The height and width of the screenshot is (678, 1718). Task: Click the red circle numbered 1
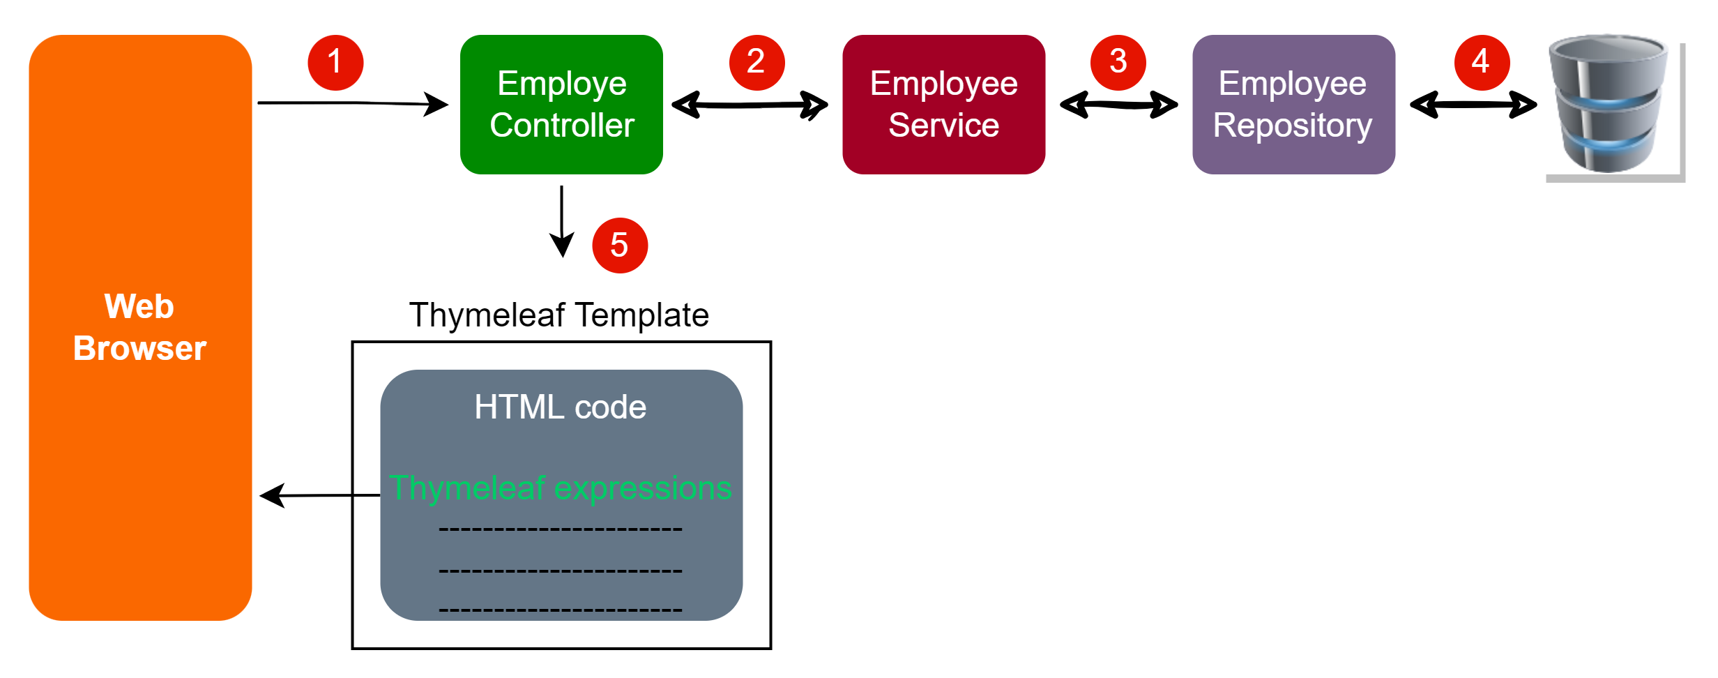[x=335, y=63]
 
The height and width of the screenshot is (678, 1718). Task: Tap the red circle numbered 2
[x=757, y=63]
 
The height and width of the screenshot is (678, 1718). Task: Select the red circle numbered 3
[x=1118, y=63]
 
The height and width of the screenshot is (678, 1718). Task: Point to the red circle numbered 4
[x=1482, y=63]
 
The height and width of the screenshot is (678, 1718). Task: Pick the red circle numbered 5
[x=620, y=246]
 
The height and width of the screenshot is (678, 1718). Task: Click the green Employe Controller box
[x=562, y=105]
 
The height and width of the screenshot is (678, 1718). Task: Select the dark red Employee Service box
[x=943, y=105]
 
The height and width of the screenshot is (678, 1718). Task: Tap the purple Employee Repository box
[x=1293, y=105]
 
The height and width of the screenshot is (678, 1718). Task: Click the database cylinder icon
[x=1609, y=105]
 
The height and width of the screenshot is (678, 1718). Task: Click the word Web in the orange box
[x=139, y=306]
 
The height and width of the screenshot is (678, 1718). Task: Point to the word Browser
[x=139, y=348]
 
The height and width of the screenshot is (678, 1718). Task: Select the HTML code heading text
[x=560, y=407]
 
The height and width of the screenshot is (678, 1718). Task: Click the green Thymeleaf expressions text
[x=560, y=488]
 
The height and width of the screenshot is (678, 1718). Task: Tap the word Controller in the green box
[x=562, y=126]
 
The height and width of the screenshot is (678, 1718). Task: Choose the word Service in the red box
[x=943, y=126]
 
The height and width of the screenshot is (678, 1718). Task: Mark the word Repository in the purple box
[x=1292, y=126]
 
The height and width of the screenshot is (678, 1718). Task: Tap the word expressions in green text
[x=642, y=488]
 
